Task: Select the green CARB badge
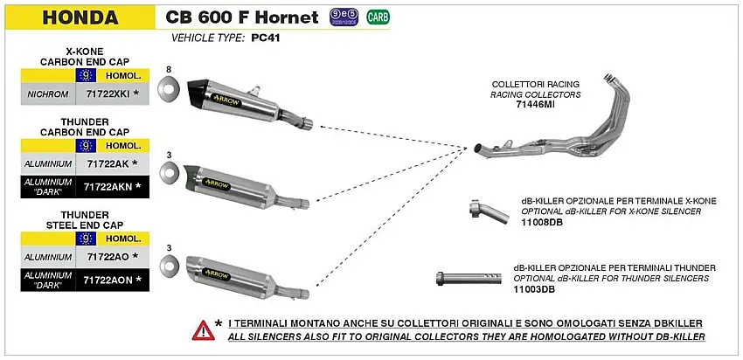click(378, 17)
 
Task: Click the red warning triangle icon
click(202, 329)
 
